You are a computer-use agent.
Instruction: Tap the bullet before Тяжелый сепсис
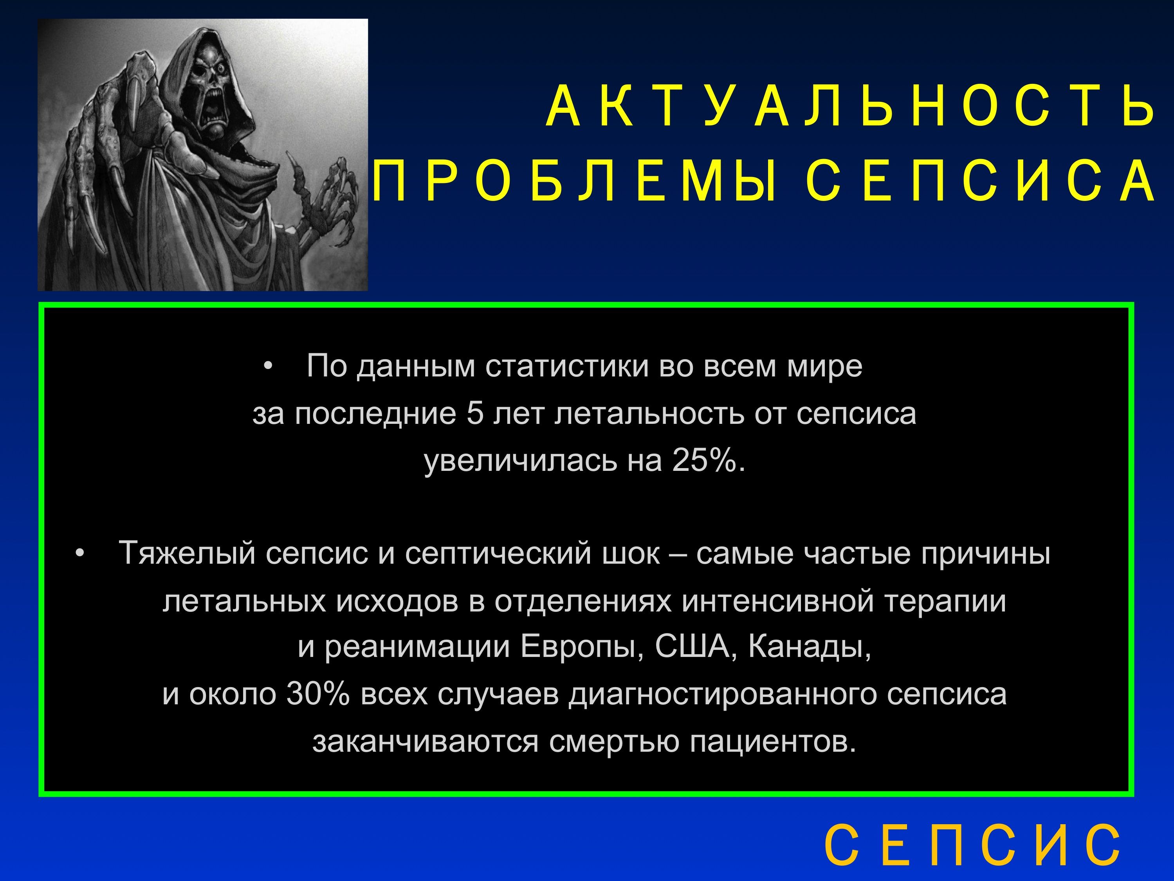click(79, 554)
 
